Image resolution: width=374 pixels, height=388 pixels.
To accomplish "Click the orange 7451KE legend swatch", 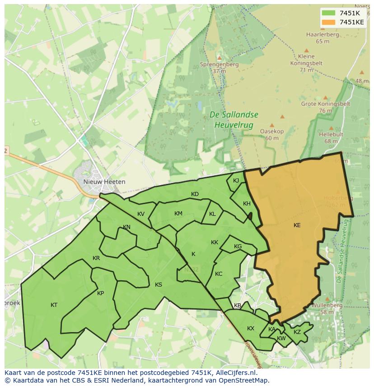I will [x=329, y=22].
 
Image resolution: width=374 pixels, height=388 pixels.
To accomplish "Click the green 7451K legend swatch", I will [x=329, y=13].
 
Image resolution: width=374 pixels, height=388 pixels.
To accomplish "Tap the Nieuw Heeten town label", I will [x=104, y=182].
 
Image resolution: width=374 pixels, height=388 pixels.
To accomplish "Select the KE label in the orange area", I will [x=297, y=225].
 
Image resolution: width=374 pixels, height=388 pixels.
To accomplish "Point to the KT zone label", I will [x=54, y=305].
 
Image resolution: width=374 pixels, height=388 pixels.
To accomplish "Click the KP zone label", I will [x=100, y=293].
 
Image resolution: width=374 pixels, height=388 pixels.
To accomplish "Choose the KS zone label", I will [x=158, y=285].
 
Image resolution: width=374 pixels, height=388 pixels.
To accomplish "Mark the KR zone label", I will [x=96, y=258].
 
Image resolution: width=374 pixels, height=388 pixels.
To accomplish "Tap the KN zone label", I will [x=126, y=227].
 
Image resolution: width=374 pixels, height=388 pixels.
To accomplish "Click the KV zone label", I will [x=140, y=214].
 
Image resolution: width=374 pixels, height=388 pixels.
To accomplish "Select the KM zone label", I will [x=178, y=214].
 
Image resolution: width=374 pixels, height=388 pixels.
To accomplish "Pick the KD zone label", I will [x=195, y=194].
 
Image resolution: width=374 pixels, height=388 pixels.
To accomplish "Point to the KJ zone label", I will [x=236, y=181].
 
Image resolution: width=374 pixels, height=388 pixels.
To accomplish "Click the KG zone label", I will [x=238, y=246].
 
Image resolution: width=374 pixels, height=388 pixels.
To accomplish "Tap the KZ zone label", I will [x=297, y=332].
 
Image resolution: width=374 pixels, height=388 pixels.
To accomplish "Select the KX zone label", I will [x=251, y=329].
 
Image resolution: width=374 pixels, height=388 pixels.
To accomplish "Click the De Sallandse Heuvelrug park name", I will [x=234, y=120].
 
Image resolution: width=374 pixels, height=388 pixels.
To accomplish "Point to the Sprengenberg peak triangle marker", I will [x=220, y=58].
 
